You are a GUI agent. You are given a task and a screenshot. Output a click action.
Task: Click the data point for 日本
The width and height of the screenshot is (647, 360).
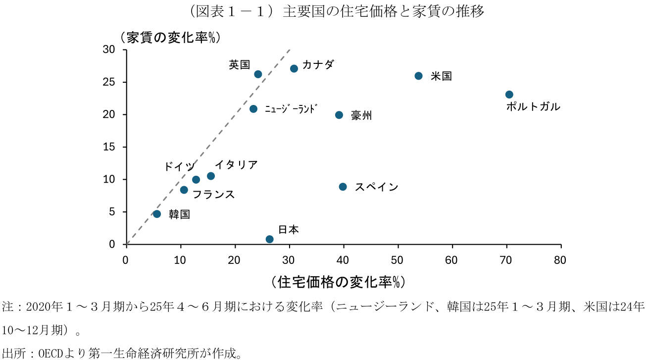click(270, 239)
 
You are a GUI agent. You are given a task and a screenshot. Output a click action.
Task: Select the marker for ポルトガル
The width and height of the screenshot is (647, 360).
click(509, 95)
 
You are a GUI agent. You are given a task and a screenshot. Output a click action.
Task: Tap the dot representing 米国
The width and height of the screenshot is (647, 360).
click(418, 76)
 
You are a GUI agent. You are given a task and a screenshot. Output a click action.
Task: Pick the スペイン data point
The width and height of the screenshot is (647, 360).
click(343, 187)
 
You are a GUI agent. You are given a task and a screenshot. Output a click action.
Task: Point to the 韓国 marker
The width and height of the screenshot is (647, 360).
click(157, 214)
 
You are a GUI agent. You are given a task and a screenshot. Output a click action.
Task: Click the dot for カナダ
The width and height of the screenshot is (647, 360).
click(294, 68)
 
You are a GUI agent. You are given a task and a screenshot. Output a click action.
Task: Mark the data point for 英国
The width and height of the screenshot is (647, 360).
click(258, 74)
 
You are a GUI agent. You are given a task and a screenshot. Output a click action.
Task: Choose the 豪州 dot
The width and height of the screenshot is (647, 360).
click(339, 115)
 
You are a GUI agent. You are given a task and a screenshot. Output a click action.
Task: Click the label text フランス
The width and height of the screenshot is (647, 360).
click(213, 195)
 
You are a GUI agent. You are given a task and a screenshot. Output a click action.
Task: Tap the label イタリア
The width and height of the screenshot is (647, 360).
click(236, 165)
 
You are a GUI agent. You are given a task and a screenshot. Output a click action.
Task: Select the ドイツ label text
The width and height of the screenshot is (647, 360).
click(179, 167)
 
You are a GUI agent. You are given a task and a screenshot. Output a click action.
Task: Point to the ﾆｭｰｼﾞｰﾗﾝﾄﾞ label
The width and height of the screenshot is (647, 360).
click(290, 109)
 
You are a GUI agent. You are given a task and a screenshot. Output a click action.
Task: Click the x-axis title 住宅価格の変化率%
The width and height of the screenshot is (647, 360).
click(339, 282)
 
